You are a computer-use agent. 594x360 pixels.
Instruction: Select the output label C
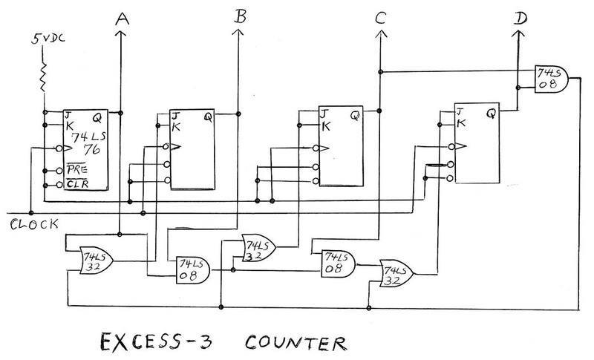(380, 20)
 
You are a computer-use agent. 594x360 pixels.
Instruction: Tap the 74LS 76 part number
(86, 144)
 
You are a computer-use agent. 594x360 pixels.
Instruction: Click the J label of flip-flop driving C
(322, 114)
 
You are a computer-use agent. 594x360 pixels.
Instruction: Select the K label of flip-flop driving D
(460, 124)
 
